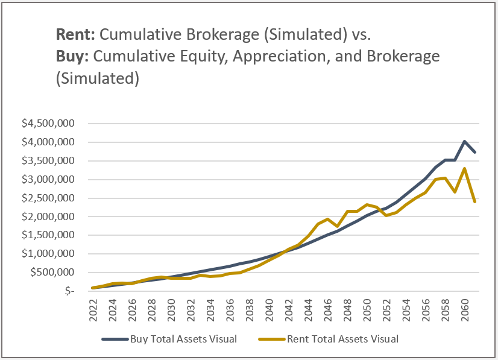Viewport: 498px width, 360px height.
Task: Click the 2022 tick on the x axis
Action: [x=94, y=308]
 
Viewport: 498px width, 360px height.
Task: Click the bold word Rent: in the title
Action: [x=74, y=34]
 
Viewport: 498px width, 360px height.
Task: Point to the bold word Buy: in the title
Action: [x=72, y=57]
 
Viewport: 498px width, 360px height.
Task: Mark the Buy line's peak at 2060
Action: [x=464, y=141]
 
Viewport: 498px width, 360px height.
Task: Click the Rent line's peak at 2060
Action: [x=464, y=168]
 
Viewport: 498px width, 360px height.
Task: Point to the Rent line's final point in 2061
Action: [x=474, y=201]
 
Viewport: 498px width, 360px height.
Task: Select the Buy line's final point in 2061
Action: [x=474, y=152]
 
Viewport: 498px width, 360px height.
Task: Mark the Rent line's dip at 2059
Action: [x=455, y=192]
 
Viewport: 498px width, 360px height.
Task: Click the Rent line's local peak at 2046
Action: [x=328, y=219]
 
